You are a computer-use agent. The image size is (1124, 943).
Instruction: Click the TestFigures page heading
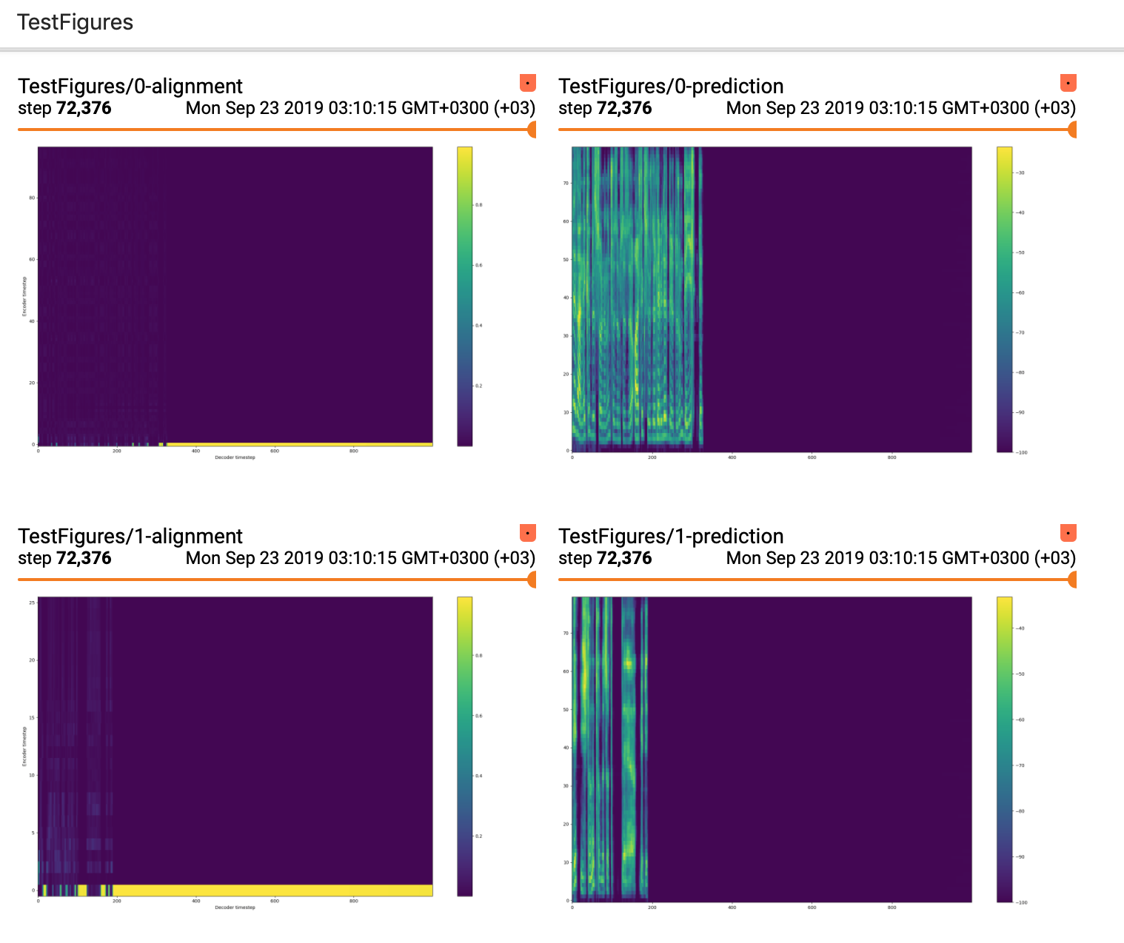[x=75, y=22]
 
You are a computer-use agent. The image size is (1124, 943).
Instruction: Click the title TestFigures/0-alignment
[x=130, y=87]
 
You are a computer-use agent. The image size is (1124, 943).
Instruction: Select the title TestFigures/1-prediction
[x=671, y=537]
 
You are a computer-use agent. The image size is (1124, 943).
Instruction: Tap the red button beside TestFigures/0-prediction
[x=1068, y=83]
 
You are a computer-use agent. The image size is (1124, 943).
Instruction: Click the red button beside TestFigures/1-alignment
[x=527, y=533]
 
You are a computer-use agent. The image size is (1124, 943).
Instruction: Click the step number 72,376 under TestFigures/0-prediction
[x=624, y=108]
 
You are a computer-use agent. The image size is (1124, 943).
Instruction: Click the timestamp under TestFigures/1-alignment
[x=360, y=558]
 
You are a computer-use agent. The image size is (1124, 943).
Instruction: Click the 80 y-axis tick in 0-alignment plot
[x=33, y=198]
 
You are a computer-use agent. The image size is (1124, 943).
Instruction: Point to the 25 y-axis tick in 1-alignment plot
[x=33, y=603]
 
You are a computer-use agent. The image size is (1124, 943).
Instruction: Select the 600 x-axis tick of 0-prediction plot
[x=812, y=457]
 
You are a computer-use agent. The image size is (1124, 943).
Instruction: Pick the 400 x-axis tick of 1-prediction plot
[x=732, y=907]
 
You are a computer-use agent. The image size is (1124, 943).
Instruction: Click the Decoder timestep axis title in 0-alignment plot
[x=235, y=457]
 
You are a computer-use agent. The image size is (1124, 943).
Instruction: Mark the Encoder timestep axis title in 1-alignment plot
[x=24, y=746]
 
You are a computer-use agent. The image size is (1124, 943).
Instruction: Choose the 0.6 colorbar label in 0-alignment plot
[x=478, y=265]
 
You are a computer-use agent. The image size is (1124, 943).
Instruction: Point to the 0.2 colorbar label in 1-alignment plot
[x=478, y=836]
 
